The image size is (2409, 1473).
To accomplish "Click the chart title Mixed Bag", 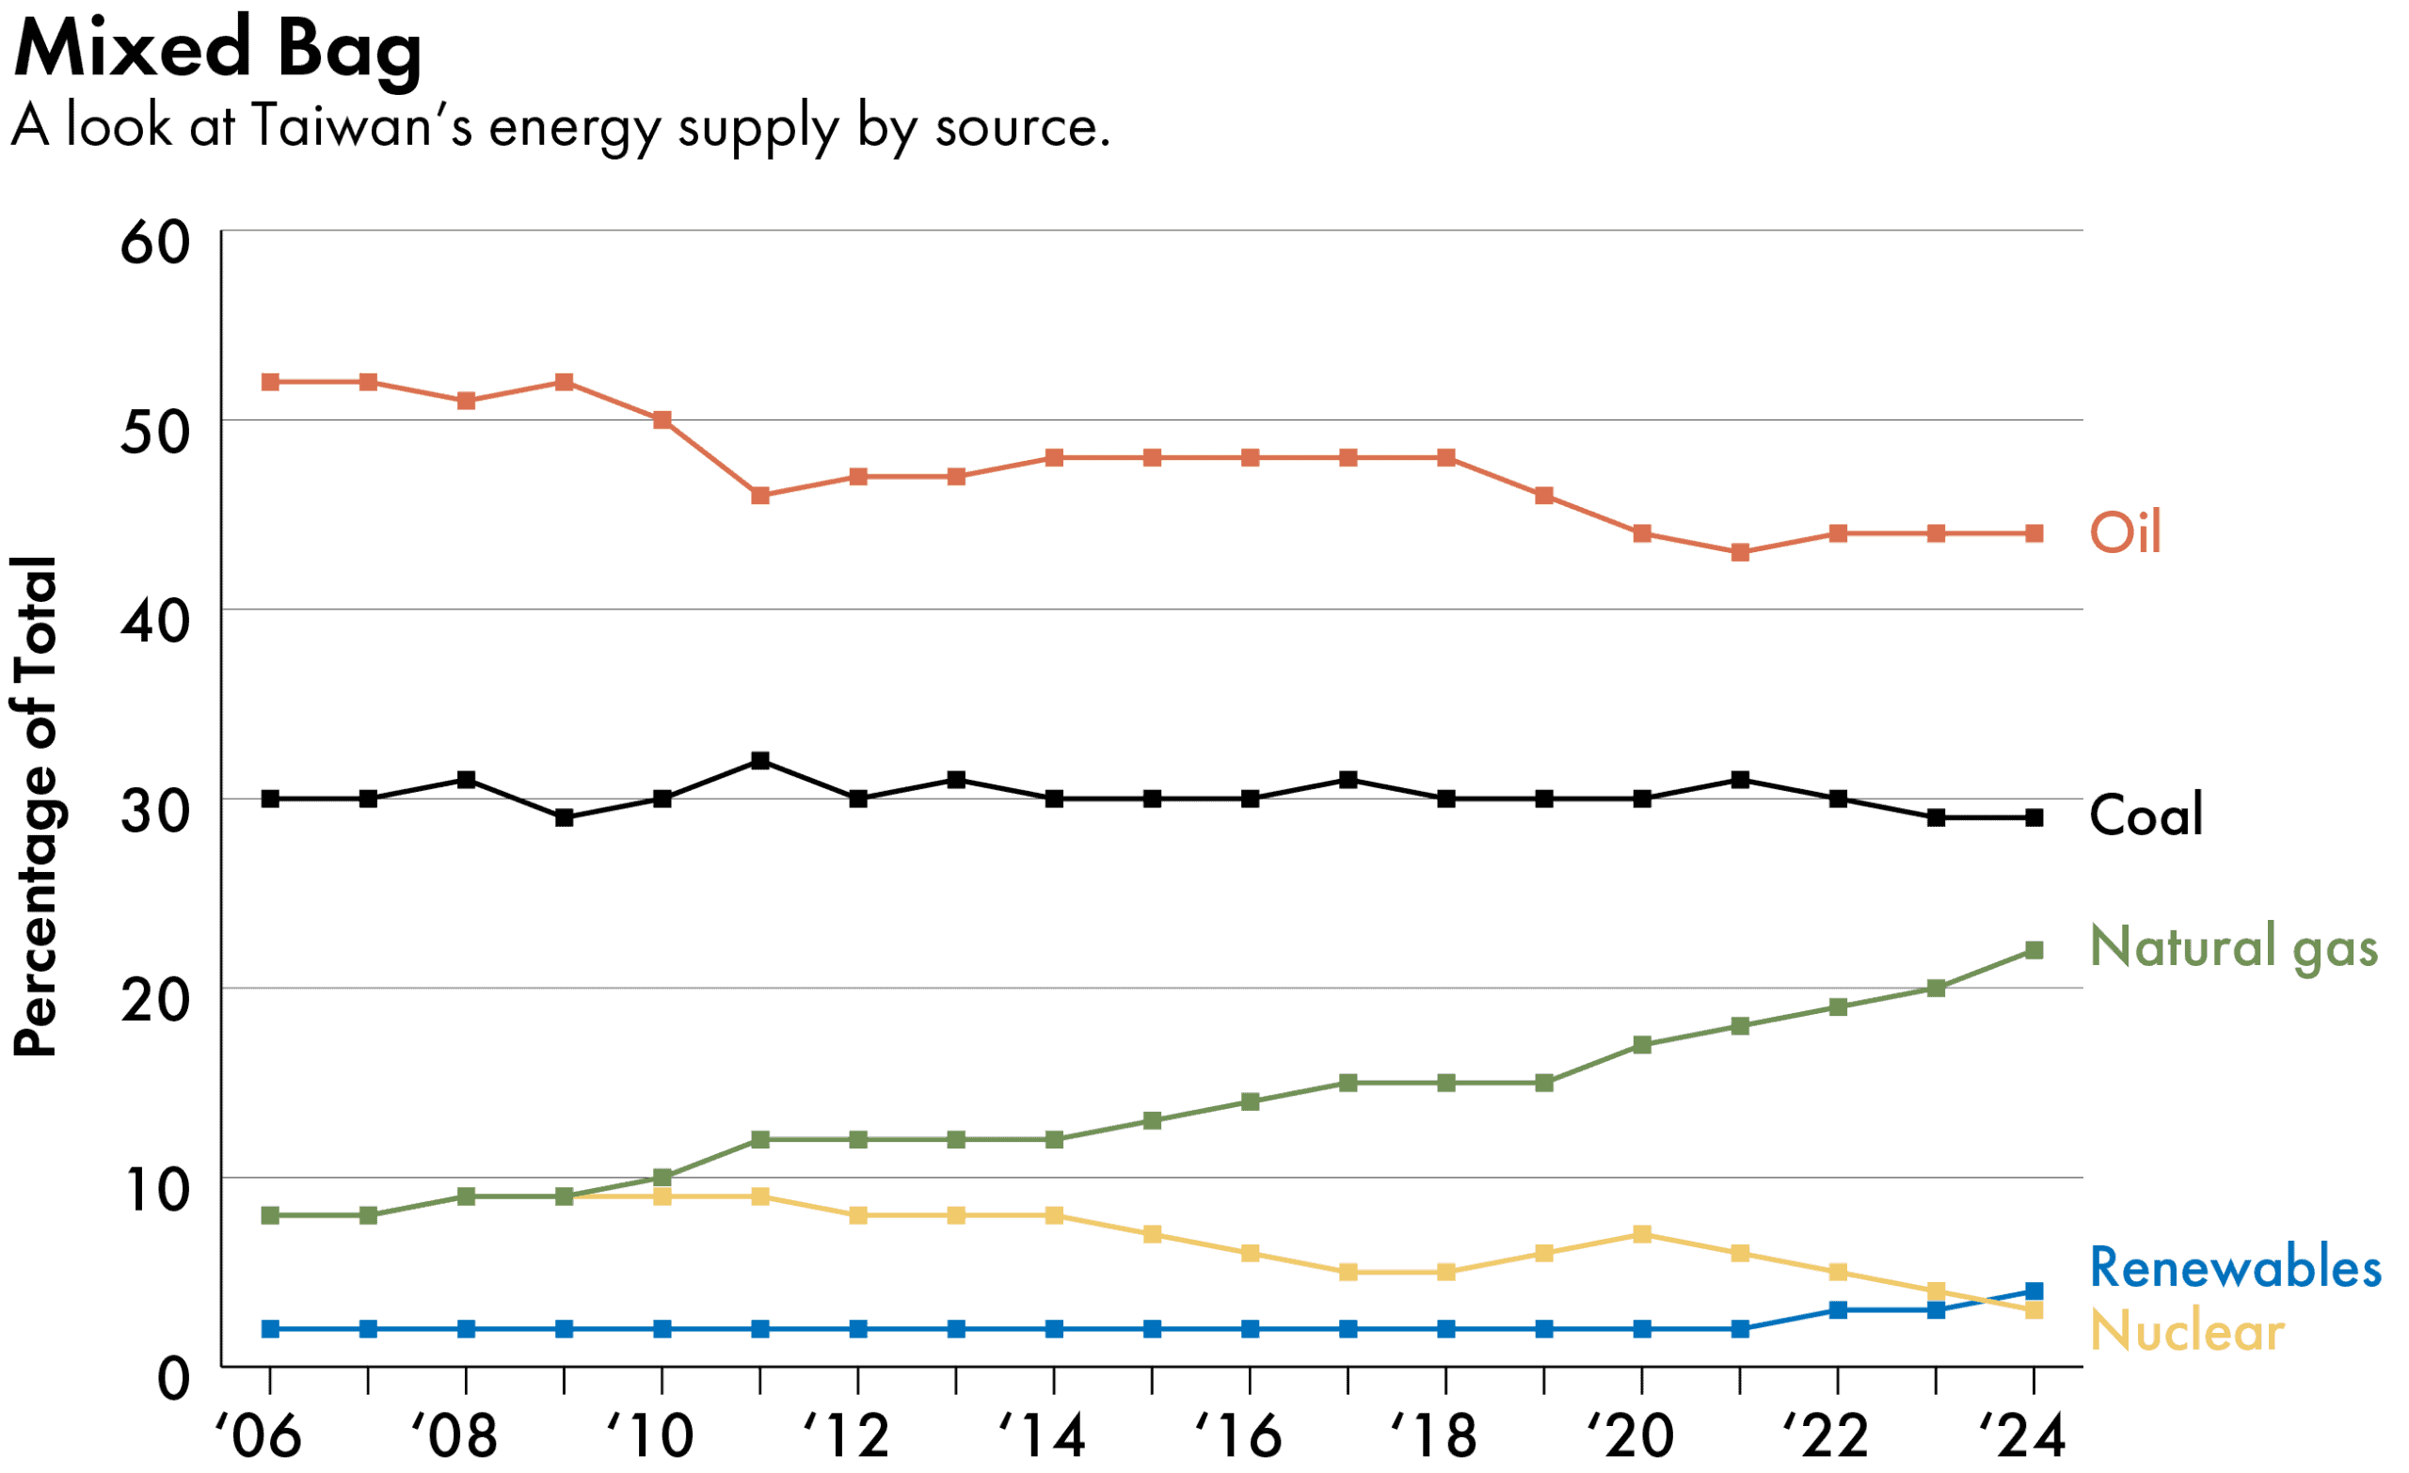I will pyautogui.click(x=217, y=49).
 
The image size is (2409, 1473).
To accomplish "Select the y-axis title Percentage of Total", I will pyautogui.click(x=35, y=807).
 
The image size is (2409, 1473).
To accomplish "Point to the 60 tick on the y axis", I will pyautogui.click(x=154, y=244).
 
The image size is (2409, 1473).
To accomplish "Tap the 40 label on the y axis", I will pyautogui.click(x=154, y=622).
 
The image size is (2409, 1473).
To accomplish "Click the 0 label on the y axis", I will pyautogui.click(x=173, y=1380).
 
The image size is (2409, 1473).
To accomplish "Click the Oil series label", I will pyautogui.click(x=2125, y=533).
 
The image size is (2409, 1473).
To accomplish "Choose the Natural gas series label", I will pyautogui.click(x=2233, y=948).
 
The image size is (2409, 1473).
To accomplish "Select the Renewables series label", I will pyautogui.click(x=2235, y=1269).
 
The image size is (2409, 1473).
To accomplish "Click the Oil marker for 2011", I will pyautogui.click(x=760, y=497).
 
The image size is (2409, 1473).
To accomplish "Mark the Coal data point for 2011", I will pyautogui.click(x=760, y=761).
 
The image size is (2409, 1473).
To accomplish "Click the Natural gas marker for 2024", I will pyautogui.click(x=2034, y=951).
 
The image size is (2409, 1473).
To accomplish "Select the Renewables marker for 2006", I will pyautogui.click(x=271, y=1329).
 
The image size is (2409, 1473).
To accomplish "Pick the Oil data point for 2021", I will pyautogui.click(x=1740, y=553).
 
